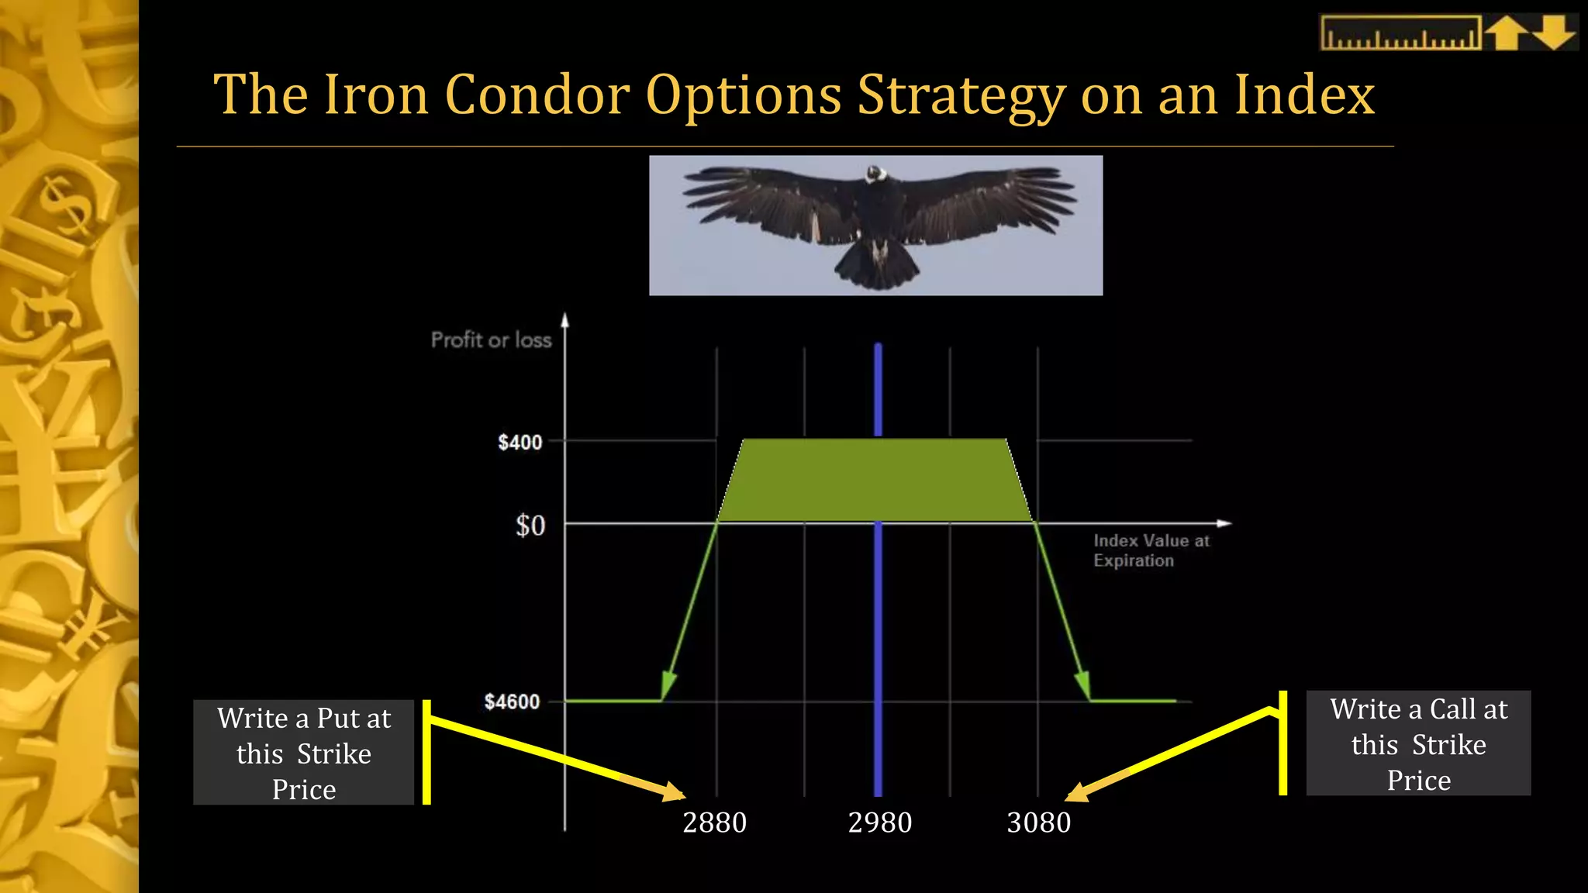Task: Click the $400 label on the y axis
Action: [520, 443]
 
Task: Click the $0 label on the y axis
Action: [530, 526]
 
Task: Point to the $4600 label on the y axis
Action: [512, 702]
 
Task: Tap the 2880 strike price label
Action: [714, 822]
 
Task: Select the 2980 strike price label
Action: [880, 822]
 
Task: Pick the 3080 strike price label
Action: [1039, 822]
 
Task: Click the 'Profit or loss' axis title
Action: [491, 340]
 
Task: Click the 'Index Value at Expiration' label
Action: [1151, 550]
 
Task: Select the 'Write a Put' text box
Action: [304, 753]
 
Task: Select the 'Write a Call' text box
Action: [1418, 743]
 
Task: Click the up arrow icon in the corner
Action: [1506, 33]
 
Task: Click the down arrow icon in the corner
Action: [1554, 33]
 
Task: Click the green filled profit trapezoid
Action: [875, 481]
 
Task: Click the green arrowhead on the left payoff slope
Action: [668, 685]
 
